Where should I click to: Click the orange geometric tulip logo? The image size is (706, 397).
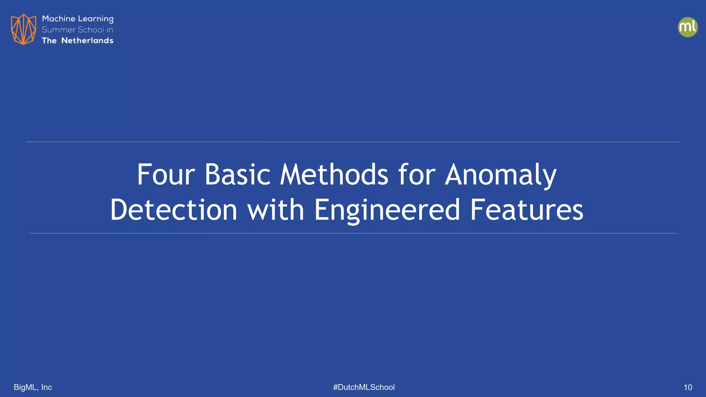pyautogui.click(x=23, y=29)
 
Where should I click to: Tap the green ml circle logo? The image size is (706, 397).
pyautogui.click(x=687, y=27)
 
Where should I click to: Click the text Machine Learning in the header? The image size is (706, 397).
pyautogui.click(x=78, y=19)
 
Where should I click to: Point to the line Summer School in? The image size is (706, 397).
pyautogui.click(x=77, y=30)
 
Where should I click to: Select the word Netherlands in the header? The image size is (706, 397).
pyautogui.click(x=87, y=41)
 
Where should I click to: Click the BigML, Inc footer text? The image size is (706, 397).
pyautogui.click(x=33, y=387)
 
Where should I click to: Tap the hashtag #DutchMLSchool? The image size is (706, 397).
pyautogui.click(x=364, y=387)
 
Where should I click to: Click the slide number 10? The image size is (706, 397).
pyautogui.click(x=687, y=387)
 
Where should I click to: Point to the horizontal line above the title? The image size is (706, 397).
pyautogui.click(x=353, y=142)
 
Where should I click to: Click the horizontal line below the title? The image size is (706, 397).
pyautogui.click(x=353, y=233)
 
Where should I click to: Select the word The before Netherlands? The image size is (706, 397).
pyautogui.click(x=49, y=41)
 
